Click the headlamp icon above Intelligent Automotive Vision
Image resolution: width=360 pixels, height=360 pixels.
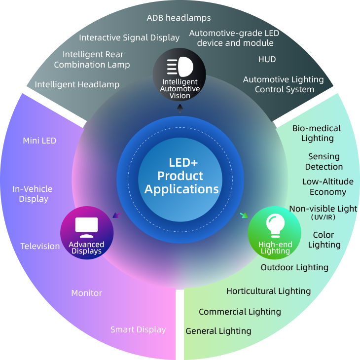pyautogui.click(x=180, y=67)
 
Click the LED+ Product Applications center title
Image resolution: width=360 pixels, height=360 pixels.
pyautogui.click(x=181, y=176)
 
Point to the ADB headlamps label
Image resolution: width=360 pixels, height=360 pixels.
pyautogui.click(x=179, y=18)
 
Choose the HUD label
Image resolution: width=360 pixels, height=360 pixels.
pyautogui.click(x=267, y=59)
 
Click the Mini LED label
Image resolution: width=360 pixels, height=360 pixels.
pyautogui.click(x=39, y=141)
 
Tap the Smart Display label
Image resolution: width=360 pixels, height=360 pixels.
pyautogui.click(x=138, y=329)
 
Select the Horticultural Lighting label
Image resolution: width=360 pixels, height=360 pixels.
pyautogui.click(x=268, y=291)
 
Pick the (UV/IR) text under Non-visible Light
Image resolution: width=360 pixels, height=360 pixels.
pyautogui.click(x=323, y=217)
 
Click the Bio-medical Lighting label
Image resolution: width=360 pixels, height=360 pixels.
pyautogui.click(x=317, y=133)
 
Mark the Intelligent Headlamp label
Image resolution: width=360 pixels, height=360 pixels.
pyautogui.click(x=77, y=84)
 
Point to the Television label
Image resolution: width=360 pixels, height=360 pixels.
pyautogui.click(x=40, y=246)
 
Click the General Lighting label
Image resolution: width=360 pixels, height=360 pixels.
pyautogui.click(x=218, y=331)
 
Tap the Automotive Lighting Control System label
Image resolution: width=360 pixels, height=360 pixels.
pyautogui.click(x=284, y=84)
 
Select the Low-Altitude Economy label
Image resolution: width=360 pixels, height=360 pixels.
pyautogui.click(x=327, y=186)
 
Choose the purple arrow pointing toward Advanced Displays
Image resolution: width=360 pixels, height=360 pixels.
pyautogui.click(x=116, y=215)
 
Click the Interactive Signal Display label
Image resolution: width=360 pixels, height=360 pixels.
pyautogui.click(x=129, y=37)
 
